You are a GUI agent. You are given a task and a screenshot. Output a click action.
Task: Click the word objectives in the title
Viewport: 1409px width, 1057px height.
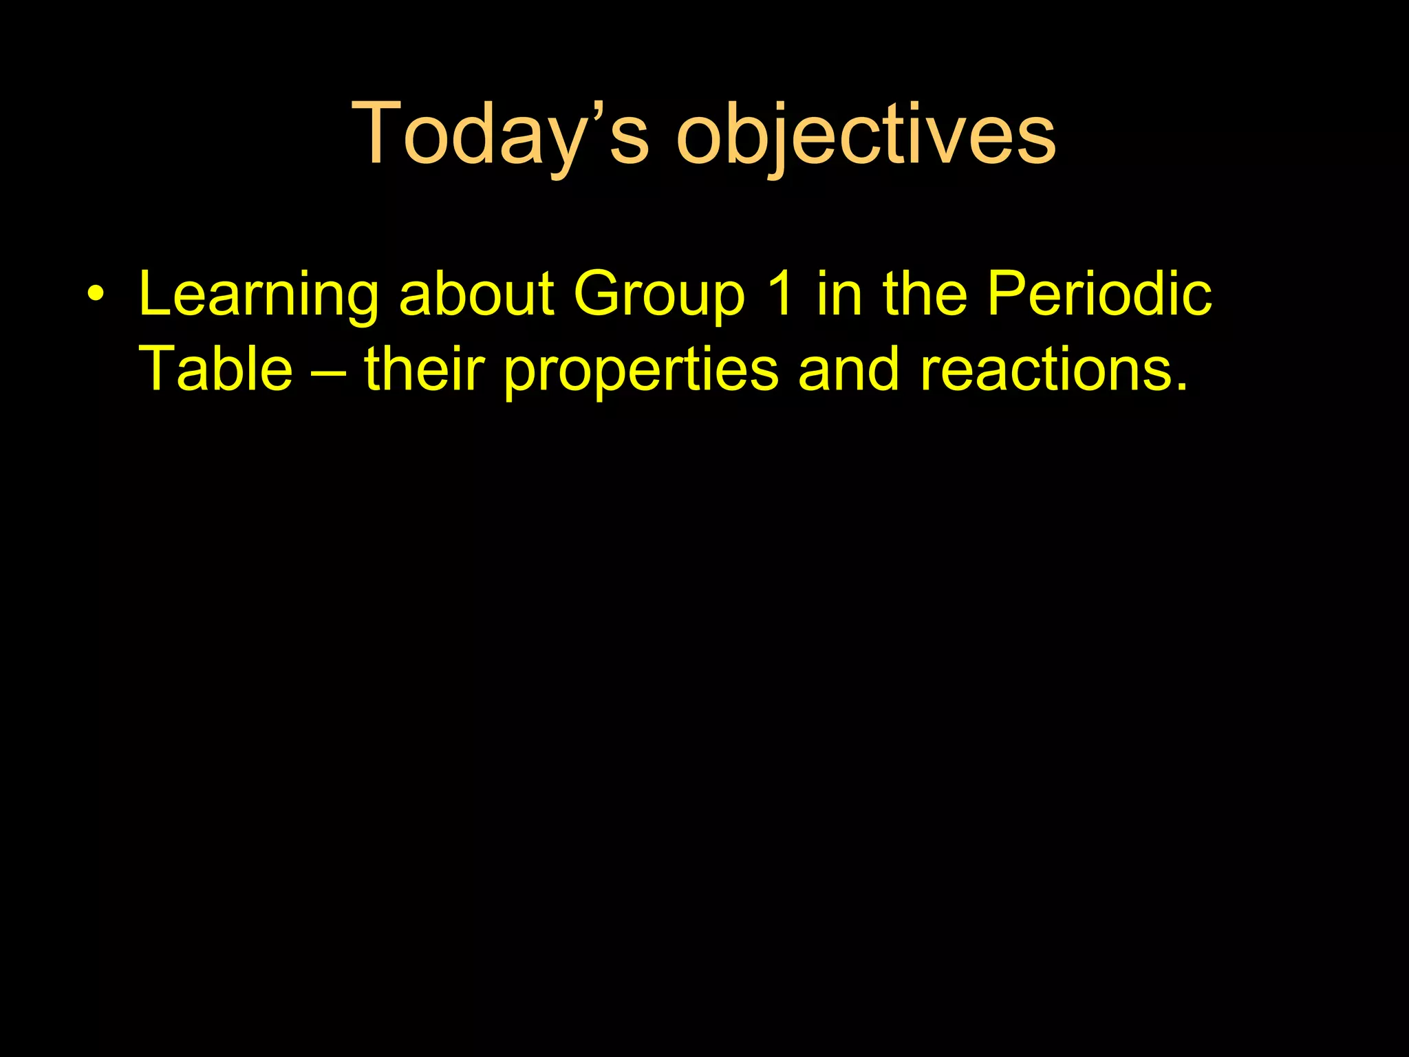(x=866, y=134)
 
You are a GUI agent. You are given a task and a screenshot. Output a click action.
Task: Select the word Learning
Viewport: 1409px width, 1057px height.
(x=259, y=295)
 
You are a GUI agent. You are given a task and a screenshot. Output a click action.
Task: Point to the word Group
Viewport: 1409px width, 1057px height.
(x=659, y=295)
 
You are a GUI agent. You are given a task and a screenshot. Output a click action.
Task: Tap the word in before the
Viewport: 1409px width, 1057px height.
(x=839, y=295)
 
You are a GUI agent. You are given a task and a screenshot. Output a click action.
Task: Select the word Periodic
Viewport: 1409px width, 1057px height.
(x=1099, y=295)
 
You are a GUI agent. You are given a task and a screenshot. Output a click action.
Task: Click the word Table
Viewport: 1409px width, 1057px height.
(x=216, y=370)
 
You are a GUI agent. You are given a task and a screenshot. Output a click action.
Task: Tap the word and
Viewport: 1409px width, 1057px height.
(x=848, y=370)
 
